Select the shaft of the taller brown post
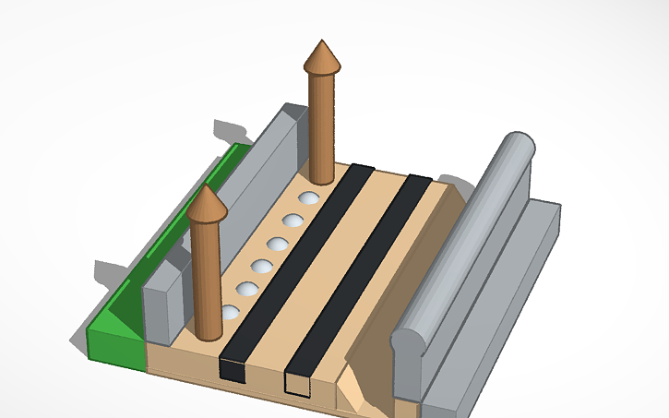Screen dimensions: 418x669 click(x=322, y=129)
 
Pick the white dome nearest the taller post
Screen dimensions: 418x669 click(x=309, y=198)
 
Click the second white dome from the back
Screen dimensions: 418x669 click(x=293, y=221)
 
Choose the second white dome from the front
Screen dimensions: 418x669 click(x=247, y=290)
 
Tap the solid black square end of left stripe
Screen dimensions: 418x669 click(x=233, y=370)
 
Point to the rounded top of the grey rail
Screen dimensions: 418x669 click(x=480, y=231)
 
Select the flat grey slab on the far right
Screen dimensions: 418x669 click(x=517, y=295)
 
